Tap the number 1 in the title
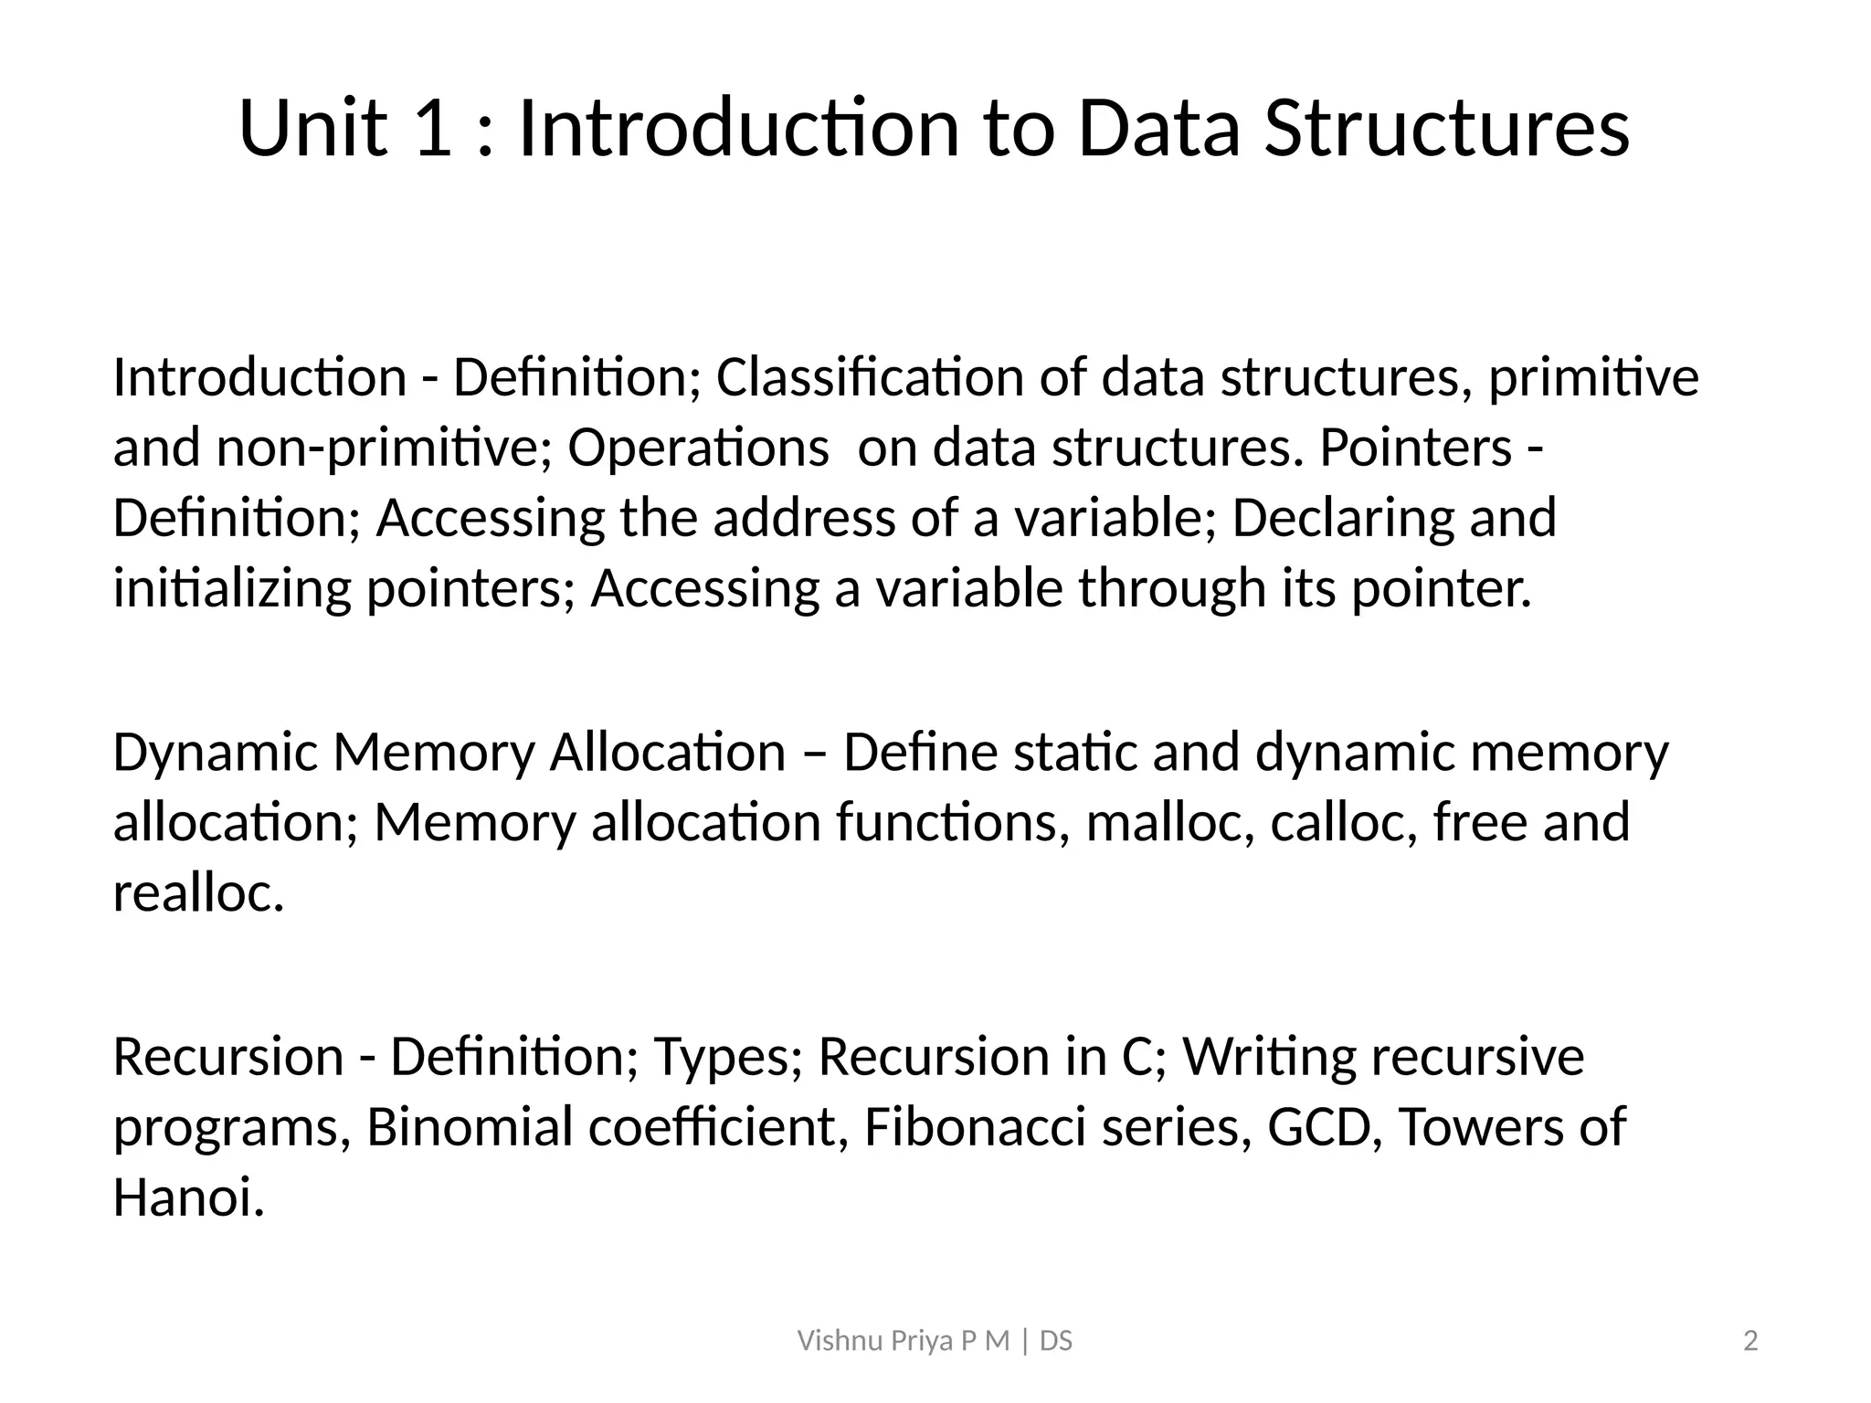[x=432, y=128]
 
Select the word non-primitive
[x=384, y=448]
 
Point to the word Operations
[x=698, y=448]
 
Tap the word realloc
[x=198, y=892]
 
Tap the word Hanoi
[x=188, y=1197]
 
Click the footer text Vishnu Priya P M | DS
[x=935, y=1342]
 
